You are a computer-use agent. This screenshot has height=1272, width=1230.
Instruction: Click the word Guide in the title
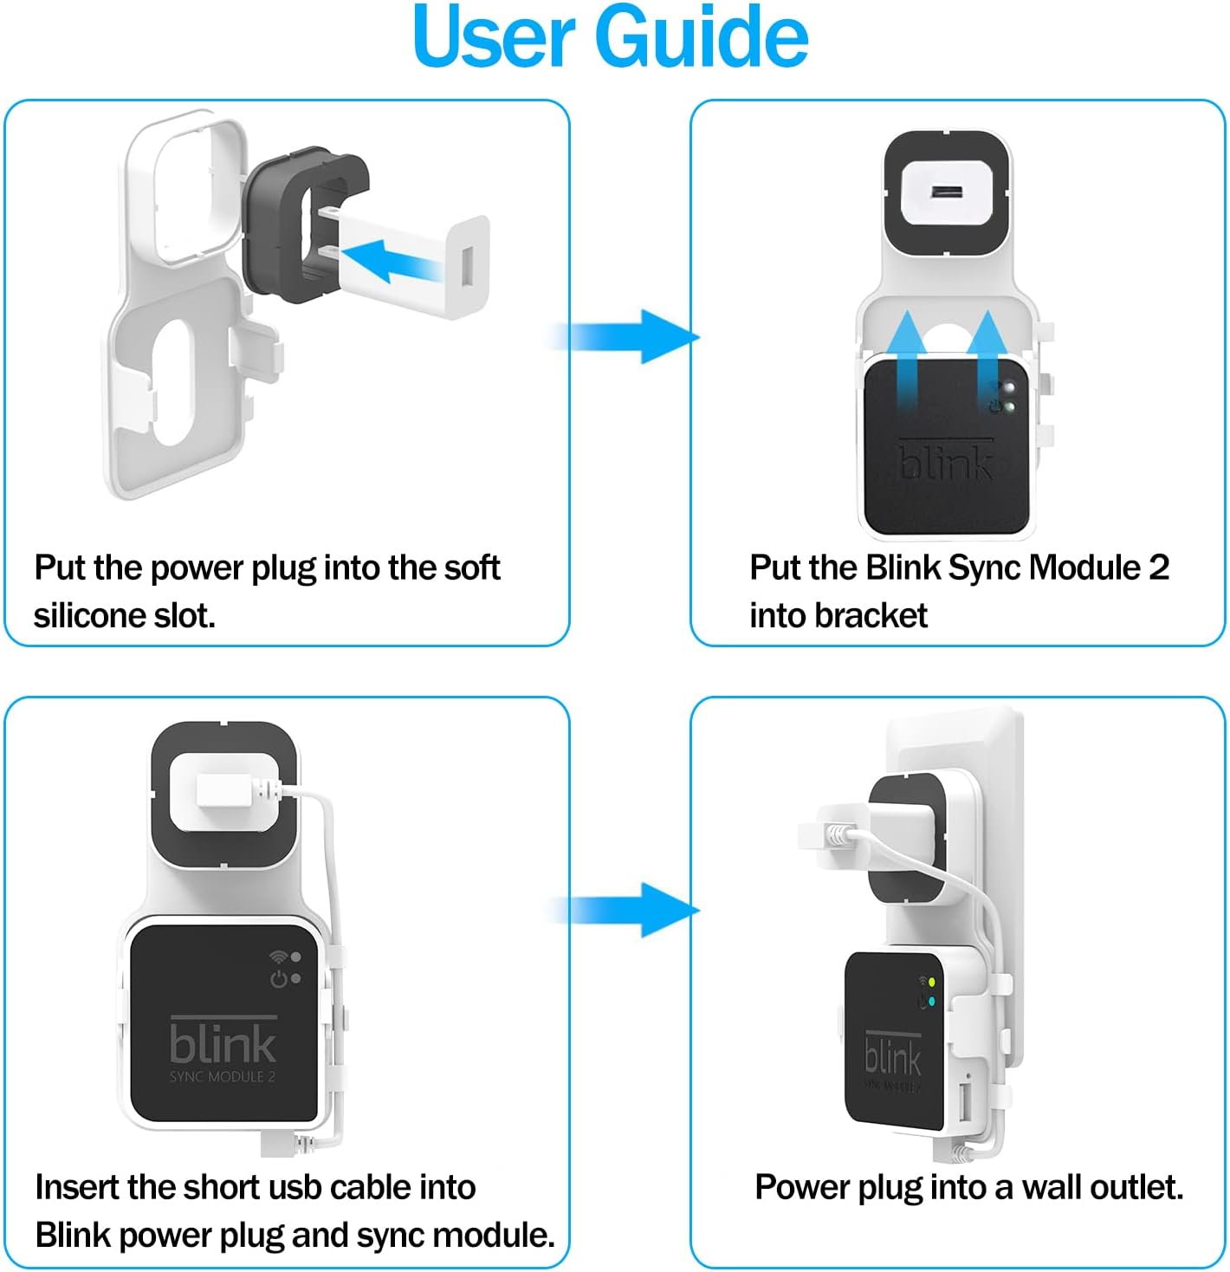click(702, 36)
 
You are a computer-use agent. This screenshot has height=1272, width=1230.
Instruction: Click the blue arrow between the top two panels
click(625, 336)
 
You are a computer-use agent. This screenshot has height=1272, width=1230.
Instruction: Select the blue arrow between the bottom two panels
click(625, 910)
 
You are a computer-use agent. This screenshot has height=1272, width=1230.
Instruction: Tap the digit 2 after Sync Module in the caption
click(1159, 568)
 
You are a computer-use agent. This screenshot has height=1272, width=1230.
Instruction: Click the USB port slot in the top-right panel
click(947, 193)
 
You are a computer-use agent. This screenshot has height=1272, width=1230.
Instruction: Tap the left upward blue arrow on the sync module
click(907, 360)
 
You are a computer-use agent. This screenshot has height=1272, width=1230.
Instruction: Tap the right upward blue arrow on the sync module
click(987, 360)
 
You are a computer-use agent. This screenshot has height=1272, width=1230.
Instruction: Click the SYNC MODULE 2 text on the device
click(223, 1076)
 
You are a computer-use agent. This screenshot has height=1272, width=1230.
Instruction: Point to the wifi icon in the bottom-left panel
click(278, 957)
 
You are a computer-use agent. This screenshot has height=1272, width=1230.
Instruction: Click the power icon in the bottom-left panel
click(279, 978)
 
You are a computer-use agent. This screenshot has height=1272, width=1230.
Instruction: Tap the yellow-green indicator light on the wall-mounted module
click(930, 983)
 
